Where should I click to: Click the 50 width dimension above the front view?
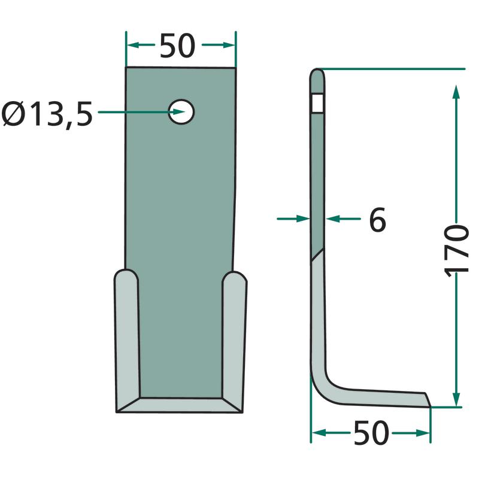coord(177,46)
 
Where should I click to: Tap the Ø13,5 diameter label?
coord(47,114)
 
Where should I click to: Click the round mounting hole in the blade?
coord(181,112)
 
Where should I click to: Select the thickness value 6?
coord(378,220)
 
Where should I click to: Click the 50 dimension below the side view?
coord(371,433)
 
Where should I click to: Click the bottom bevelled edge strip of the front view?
coord(180,405)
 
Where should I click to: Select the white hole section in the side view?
coord(318,103)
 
